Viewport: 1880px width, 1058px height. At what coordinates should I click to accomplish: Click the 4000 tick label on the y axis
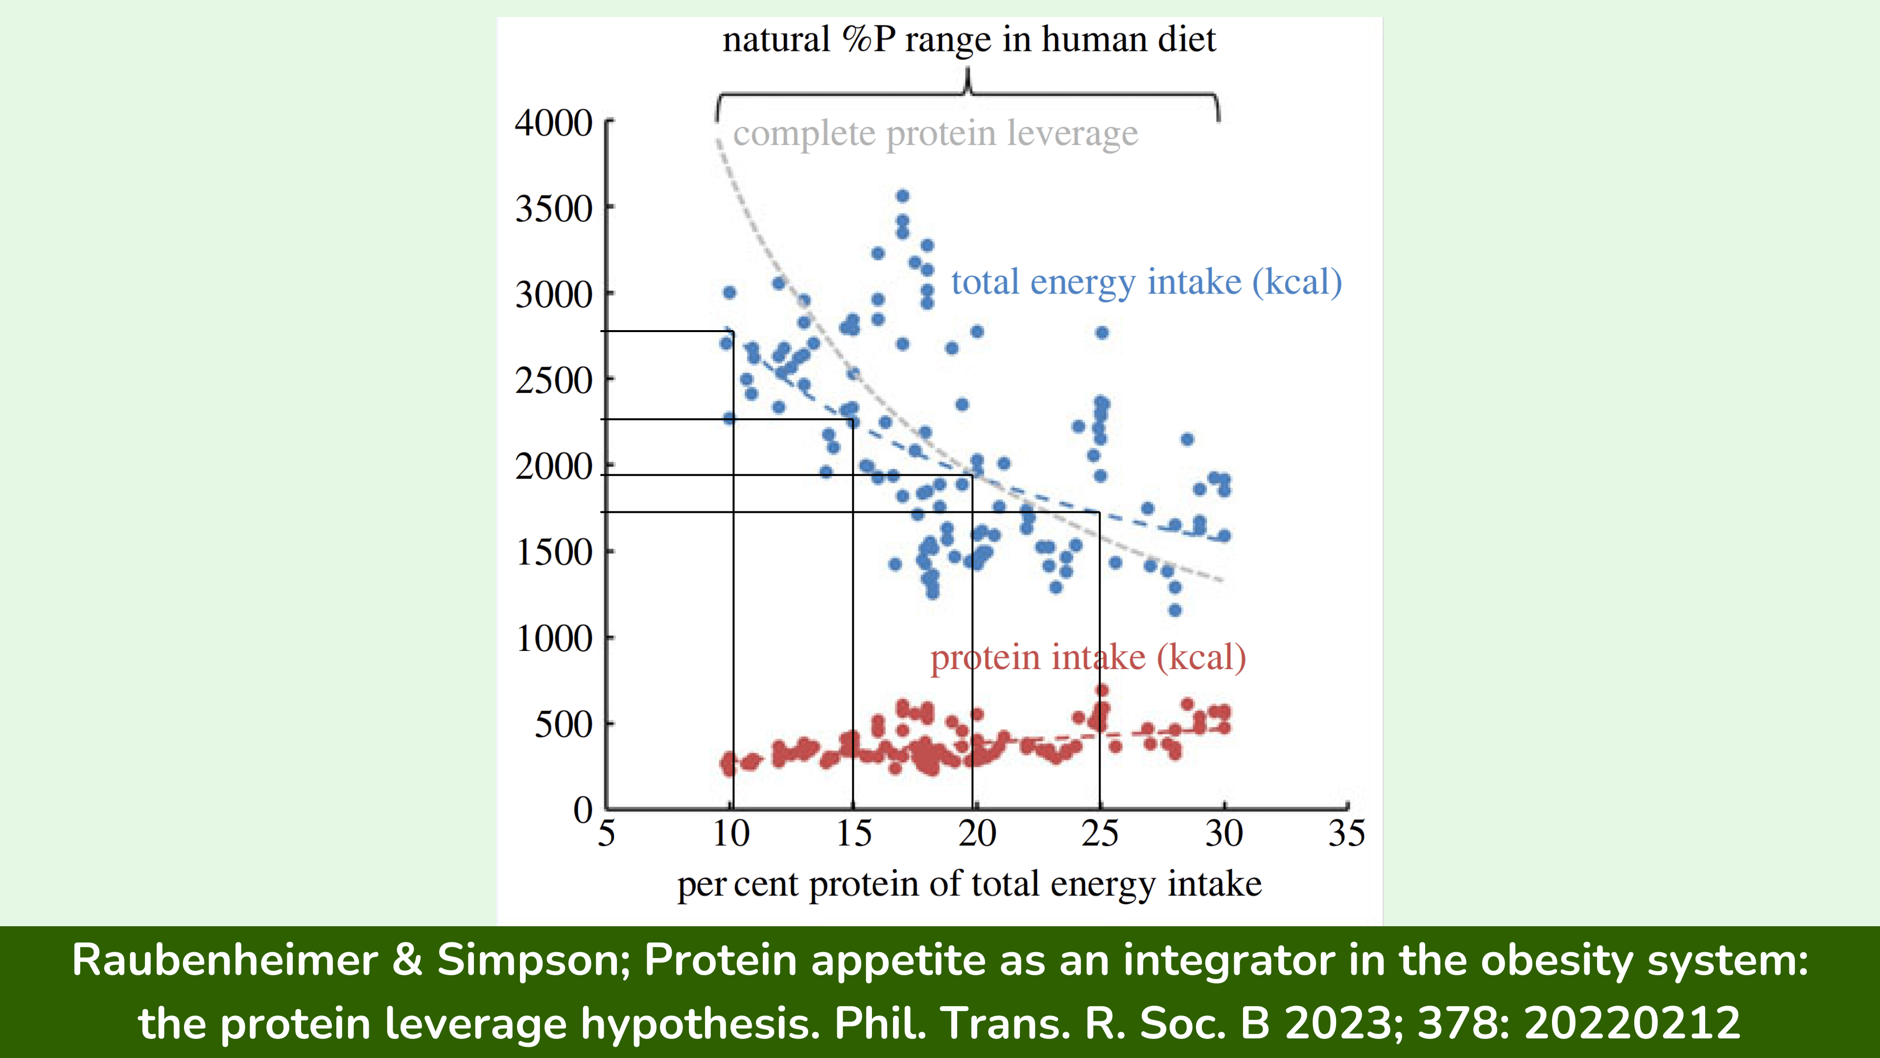click(x=553, y=122)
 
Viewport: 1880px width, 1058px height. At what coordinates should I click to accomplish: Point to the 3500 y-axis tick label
click(x=553, y=209)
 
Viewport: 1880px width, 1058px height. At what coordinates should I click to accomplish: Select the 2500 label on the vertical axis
click(x=553, y=381)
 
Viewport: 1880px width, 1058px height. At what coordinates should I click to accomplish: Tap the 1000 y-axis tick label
click(x=553, y=639)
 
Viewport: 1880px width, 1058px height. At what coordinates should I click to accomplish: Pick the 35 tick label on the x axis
click(x=1346, y=833)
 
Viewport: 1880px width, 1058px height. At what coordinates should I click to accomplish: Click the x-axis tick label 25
click(x=1100, y=833)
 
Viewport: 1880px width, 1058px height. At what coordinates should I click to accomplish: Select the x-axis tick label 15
click(x=853, y=833)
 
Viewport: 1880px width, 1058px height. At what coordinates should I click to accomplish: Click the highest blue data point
click(x=903, y=196)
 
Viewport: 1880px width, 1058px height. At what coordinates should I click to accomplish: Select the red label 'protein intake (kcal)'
click(x=1087, y=657)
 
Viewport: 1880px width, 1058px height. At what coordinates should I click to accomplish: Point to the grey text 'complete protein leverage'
click(x=935, y=134)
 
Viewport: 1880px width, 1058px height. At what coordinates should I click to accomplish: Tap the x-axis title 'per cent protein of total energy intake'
click(x=969, y=884)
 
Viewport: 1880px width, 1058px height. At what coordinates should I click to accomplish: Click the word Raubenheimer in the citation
click(x=225, y=960)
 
